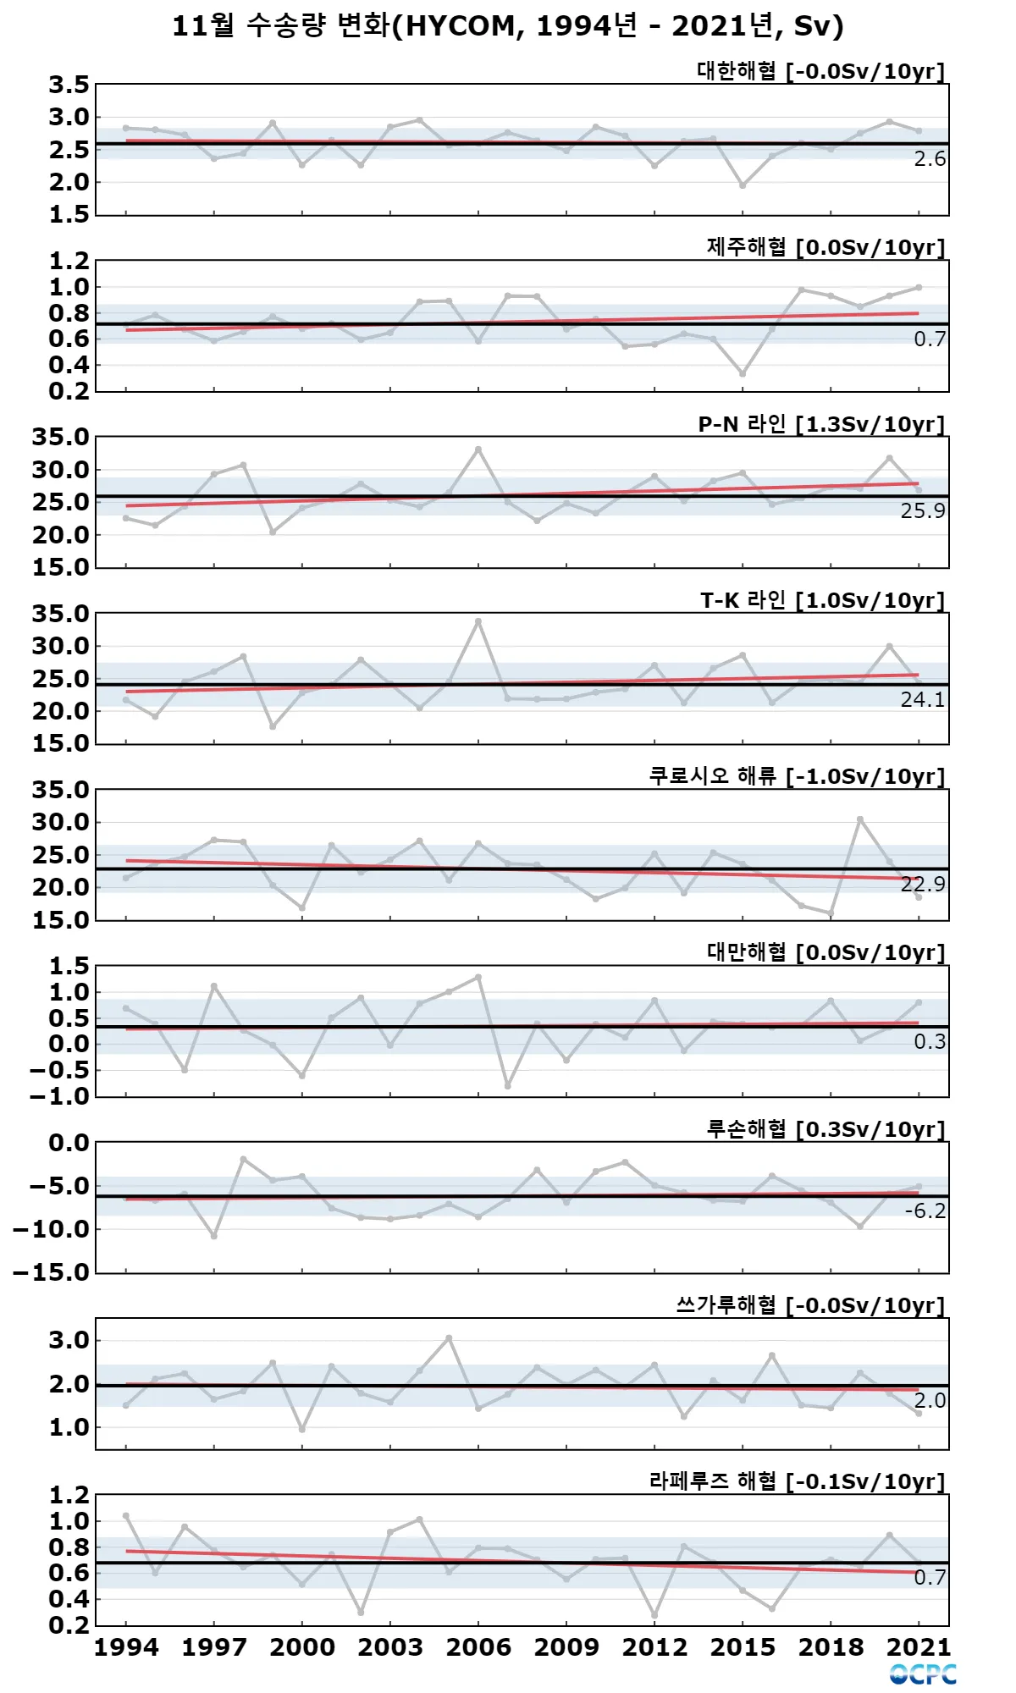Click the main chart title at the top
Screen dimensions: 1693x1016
tap(508, 26)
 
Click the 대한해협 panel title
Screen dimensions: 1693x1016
tap(820, 71)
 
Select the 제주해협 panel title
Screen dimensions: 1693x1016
tap(825, 247)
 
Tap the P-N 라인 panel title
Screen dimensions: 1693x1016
tap(820, 424)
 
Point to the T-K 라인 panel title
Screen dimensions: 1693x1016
tap(821, 600)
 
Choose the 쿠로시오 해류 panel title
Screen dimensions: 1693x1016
tap(796, 776)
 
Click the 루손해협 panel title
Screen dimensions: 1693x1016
tap(825, 1129)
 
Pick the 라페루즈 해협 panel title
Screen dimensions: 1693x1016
tap(796, 1481)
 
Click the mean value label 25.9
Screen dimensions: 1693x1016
tap(923, 510)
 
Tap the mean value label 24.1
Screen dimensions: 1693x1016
tap(923, 699)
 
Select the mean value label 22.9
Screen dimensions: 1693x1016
tap(923, 885)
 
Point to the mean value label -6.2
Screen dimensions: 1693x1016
tap(925, 1211)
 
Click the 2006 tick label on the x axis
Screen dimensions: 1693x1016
tap(478, 1647)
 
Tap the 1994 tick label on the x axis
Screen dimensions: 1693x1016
tap(126, 1647)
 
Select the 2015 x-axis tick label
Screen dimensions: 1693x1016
tap(743, 1647)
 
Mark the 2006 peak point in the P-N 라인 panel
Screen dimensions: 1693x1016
tap(478, 449)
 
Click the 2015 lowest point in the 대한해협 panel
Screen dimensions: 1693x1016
tap(743, 185)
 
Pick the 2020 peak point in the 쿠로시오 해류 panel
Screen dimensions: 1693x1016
tap(860, 819)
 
